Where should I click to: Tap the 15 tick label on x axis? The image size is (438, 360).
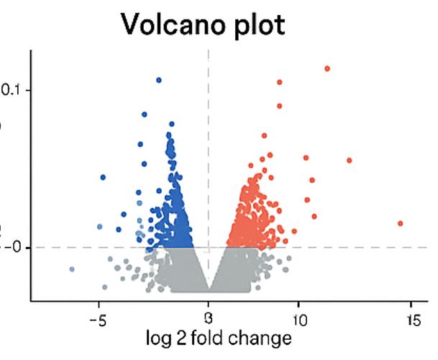pos(412,318)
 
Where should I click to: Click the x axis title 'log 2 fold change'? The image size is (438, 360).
pos(219,338)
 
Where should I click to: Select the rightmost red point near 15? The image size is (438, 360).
pos(401,223)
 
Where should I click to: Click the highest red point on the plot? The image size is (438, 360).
pos(327,68)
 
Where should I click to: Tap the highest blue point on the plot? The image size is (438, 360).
pos(159,80)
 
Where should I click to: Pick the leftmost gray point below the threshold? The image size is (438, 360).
pos(72,269)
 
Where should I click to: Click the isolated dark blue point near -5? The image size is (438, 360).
pos(103,177)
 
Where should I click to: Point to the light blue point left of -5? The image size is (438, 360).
pos(100,227)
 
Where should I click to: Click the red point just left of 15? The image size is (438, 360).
pos(350,161)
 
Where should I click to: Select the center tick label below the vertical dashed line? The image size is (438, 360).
pos(209,318)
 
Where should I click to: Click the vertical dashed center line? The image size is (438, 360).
pos(209,144)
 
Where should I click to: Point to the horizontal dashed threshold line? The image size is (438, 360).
pos(360,248)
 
